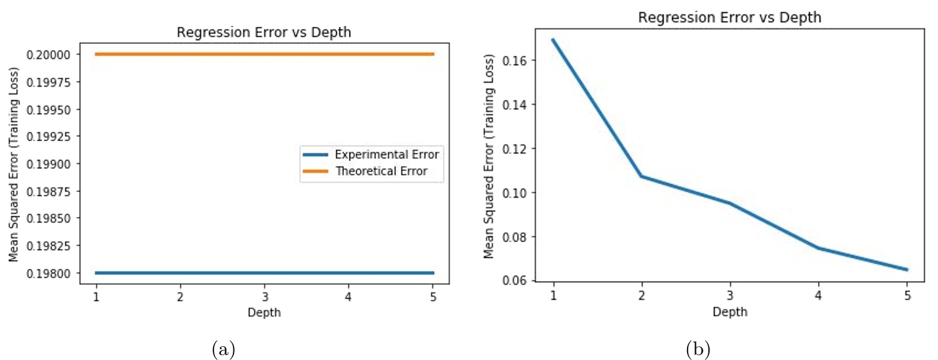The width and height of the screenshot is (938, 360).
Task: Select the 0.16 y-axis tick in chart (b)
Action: pyautogui.click(x=516, y=61)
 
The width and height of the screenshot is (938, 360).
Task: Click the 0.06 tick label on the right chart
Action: pyautogui.click(x=516, y=281)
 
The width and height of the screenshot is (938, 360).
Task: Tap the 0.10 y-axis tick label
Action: pyautogui.click(x=516, y=193)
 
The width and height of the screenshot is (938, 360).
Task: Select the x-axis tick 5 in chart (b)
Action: pyautogui.click(x=907, y=295)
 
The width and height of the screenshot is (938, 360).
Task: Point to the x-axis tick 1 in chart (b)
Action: pyautogui.click(x=553, y=295)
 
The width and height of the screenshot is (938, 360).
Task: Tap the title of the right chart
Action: pyautogui.click(x=729, y=18)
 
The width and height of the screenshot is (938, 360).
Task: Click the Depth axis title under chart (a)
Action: pyautogui.click(x=264, y=312)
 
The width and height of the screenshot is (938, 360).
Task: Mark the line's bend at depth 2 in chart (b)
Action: pyautogui.click(x=641, y=176)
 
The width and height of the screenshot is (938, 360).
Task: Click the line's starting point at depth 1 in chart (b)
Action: pyautogui.click(x=553, y=40)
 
